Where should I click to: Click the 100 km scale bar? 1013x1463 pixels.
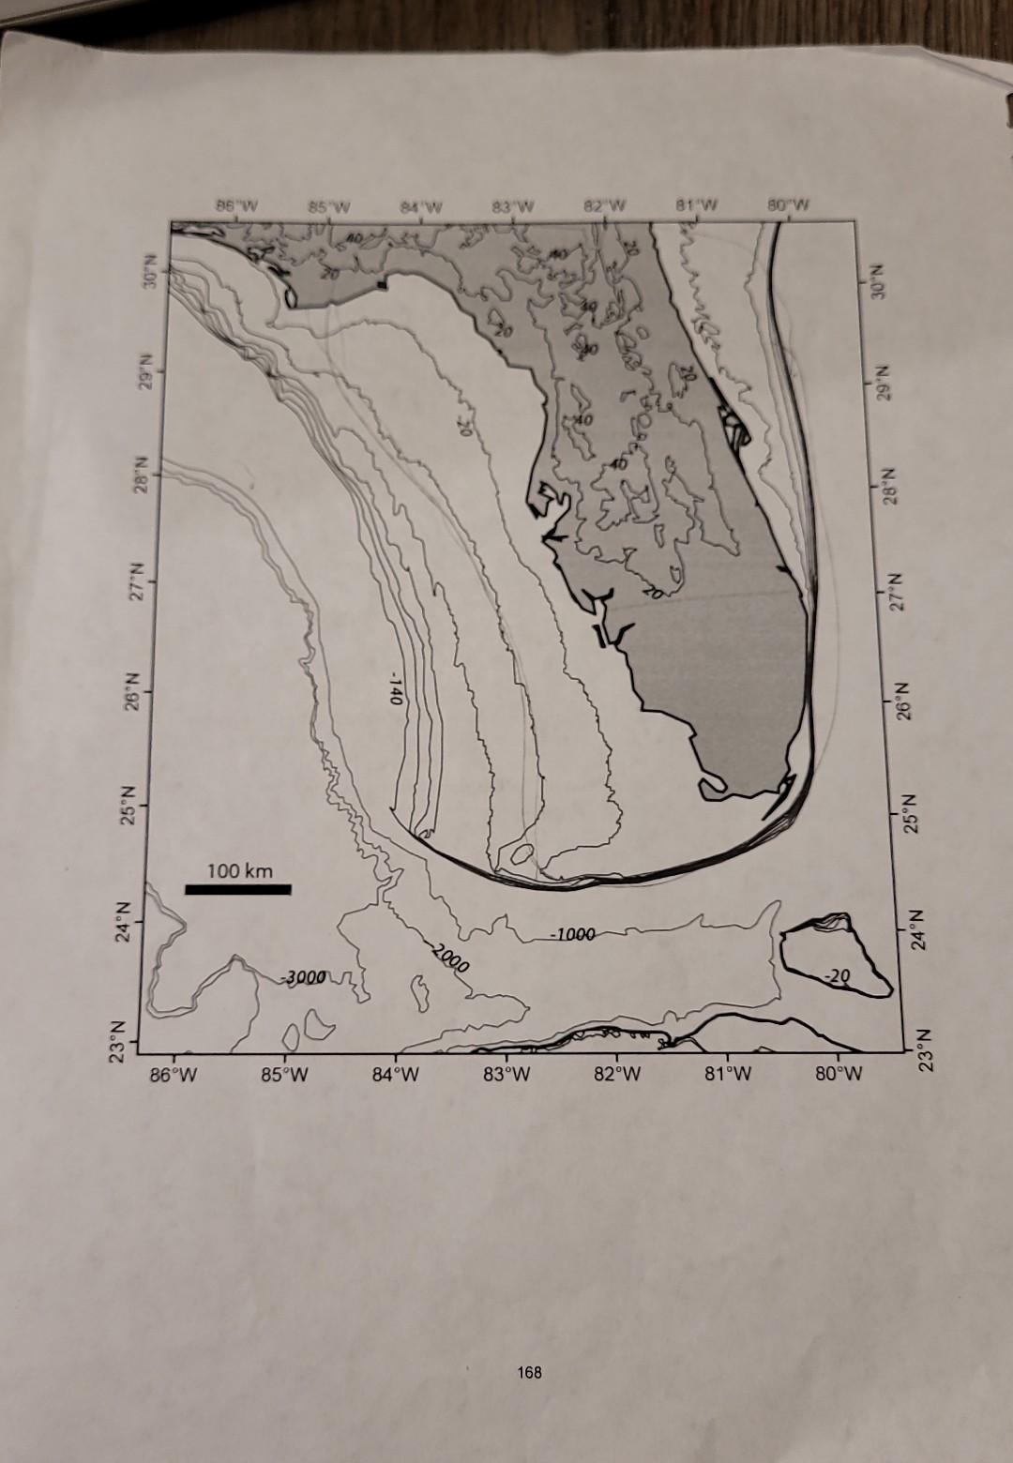[x=238, y=888]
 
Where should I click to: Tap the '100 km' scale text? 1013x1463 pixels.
[x=240, y=870]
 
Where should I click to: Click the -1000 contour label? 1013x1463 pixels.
[x=573, y=935]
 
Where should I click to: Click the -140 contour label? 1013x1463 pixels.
[x=395, y=688]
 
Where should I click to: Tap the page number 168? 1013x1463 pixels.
[x=529, y=1372]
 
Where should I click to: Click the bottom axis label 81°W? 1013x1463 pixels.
[x=729, y=1073]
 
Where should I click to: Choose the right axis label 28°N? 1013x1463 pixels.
[x=892, y=484]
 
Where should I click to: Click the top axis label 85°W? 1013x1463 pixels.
[x=328, y=205]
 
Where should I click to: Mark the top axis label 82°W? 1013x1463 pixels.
[x=605, y=205]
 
